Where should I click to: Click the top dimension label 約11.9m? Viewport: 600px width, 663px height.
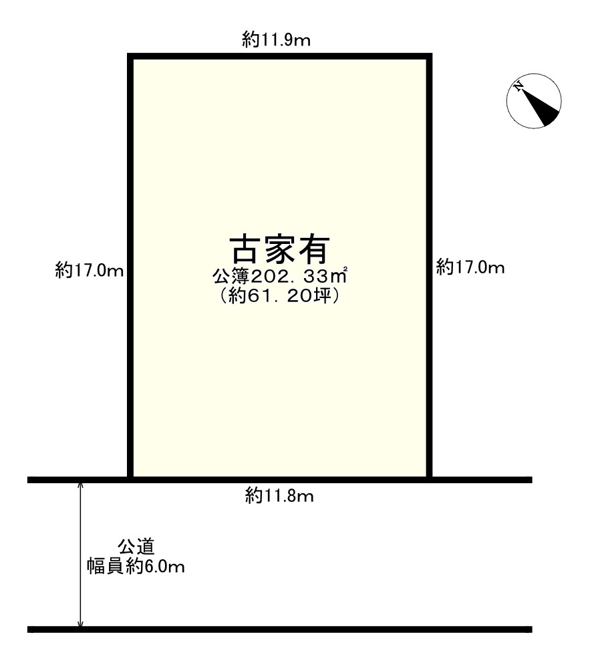(276, 40)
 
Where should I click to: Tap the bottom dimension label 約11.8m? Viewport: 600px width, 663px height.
(279, 496)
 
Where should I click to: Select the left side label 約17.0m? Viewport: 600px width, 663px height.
(90, 270)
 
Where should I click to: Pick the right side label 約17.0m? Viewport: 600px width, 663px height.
(470, 267)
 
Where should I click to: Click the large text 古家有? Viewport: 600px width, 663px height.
(280, 250)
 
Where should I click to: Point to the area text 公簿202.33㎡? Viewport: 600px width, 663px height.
(281, 275)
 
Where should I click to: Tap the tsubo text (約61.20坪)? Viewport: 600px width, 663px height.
(281, 296)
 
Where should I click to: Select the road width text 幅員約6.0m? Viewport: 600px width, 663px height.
(136, 567)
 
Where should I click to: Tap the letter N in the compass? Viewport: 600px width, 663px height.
(518, 86)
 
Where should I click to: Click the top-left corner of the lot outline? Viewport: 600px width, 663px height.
(131, 57)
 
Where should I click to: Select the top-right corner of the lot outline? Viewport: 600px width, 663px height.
(428, 57)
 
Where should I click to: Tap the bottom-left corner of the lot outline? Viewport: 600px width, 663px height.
(131, 478)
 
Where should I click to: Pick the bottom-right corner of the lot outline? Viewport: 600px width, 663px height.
(428, 478)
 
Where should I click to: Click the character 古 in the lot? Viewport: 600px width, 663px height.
(246, 250)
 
